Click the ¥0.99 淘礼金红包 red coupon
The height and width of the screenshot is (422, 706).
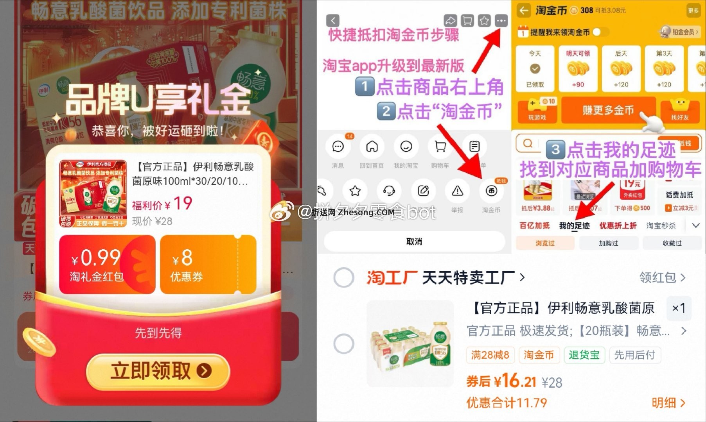[x=107, y=265]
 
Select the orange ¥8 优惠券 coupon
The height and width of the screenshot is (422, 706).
[x=208, y=265]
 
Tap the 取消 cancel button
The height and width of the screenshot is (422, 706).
[x=414, y=241]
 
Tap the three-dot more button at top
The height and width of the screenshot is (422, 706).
[x=501, y=20]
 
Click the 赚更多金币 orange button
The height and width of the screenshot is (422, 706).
[x=608, y=110]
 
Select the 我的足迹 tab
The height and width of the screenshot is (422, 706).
[x=574, y=226]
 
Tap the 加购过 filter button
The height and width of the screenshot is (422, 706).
[x=609, y=243]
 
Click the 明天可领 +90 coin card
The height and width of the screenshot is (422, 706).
[x=578, y=69]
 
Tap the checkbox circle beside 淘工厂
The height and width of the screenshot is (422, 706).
[x=343, y=278]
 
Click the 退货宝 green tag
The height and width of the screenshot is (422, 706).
[x=584, y=355]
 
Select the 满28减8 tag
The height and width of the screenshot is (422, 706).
[x=490, y=355]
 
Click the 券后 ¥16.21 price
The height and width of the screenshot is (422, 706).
[x=501, y=381]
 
